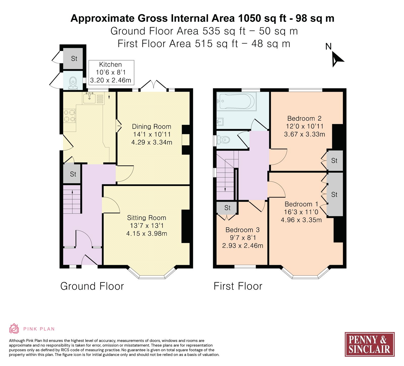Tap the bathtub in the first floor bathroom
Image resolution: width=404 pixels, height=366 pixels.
click(237, 101)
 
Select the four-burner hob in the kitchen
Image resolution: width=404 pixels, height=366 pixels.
click(69, 116)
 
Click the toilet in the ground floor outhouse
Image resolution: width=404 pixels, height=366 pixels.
click(73, 83)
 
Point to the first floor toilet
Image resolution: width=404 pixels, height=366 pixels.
click(223, 140)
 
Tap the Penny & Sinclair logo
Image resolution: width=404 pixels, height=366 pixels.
click(369, 344)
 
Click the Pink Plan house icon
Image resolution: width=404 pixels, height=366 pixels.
click(14, 329)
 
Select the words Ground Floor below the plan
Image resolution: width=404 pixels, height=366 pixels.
click(92, 286)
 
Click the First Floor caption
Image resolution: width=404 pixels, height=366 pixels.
click(238, 286)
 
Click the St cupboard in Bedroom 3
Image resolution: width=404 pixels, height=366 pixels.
click(227, 208)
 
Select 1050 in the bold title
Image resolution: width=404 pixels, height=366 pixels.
click(249, 18)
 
